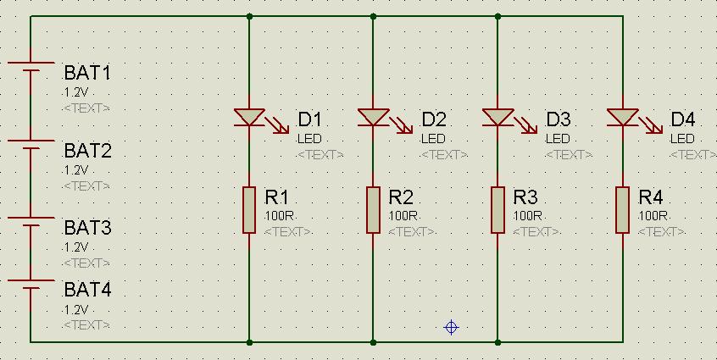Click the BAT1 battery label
[87, 73]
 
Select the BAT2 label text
[87, 152]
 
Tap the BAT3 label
[87, 229]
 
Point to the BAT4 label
[87, 291]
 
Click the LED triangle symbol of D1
[249, 118]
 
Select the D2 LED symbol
[373, 118]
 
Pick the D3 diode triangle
[497, 118]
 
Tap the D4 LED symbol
[622, 118]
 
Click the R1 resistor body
[249, 210]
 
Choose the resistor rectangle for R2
[373, 210]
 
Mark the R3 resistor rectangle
[497, 210]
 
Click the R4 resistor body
[622, 210]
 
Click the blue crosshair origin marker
[452, 327]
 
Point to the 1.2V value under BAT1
[75, 91]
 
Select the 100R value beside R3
[528, 216]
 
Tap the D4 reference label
[682, 119]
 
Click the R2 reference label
[401, 197]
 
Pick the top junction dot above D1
[249, 16]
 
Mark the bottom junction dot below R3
[497, 342]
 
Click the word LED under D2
[433, 139]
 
